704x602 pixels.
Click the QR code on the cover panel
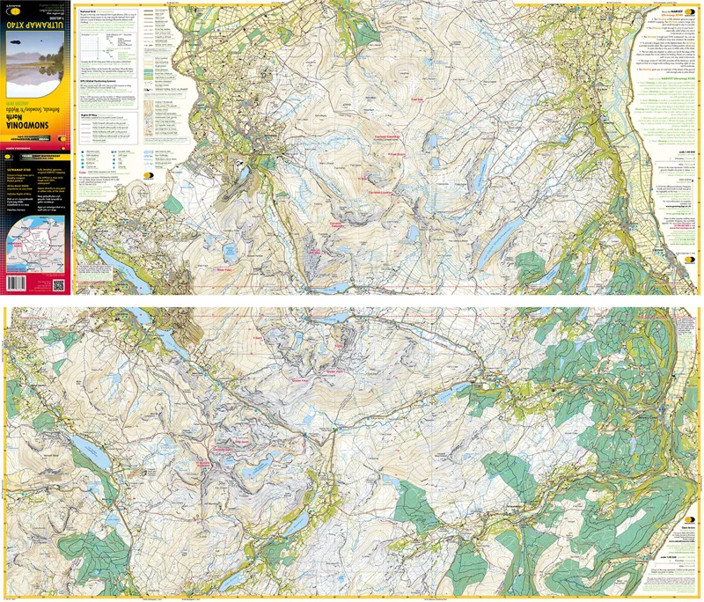tap(59, 285)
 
